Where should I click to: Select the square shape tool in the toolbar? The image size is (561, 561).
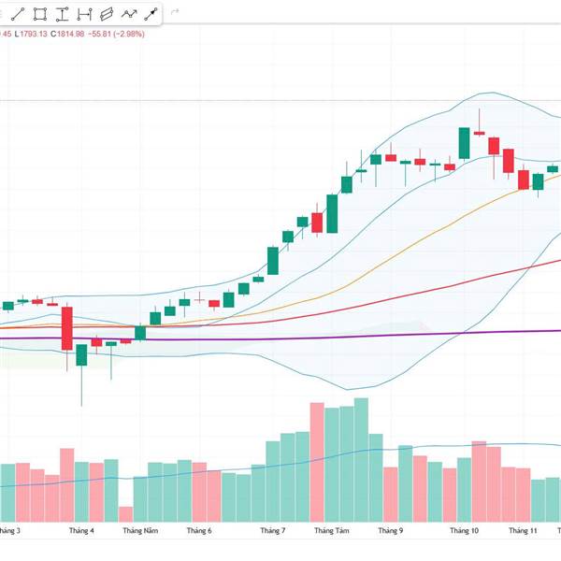(40, 14)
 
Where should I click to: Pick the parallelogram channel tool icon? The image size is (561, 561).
(106, 14)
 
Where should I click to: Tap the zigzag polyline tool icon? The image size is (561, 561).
(128, 14)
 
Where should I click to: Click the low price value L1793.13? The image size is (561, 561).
(34, 35)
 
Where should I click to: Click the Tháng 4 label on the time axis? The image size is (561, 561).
(81, 530)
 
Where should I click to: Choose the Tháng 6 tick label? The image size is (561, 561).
(199, 530)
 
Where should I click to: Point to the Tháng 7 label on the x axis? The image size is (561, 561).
(273, 530)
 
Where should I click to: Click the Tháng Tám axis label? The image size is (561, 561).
(331, 530)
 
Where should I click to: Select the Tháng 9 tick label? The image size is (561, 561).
(390, 530)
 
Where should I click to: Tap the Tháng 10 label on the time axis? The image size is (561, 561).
(465, 530)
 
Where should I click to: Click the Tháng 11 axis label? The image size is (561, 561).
(523, 530)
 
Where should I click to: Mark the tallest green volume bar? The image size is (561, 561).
(361, 458)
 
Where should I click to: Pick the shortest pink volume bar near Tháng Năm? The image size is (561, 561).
(125, 513)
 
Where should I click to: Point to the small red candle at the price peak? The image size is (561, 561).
(479, 133)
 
